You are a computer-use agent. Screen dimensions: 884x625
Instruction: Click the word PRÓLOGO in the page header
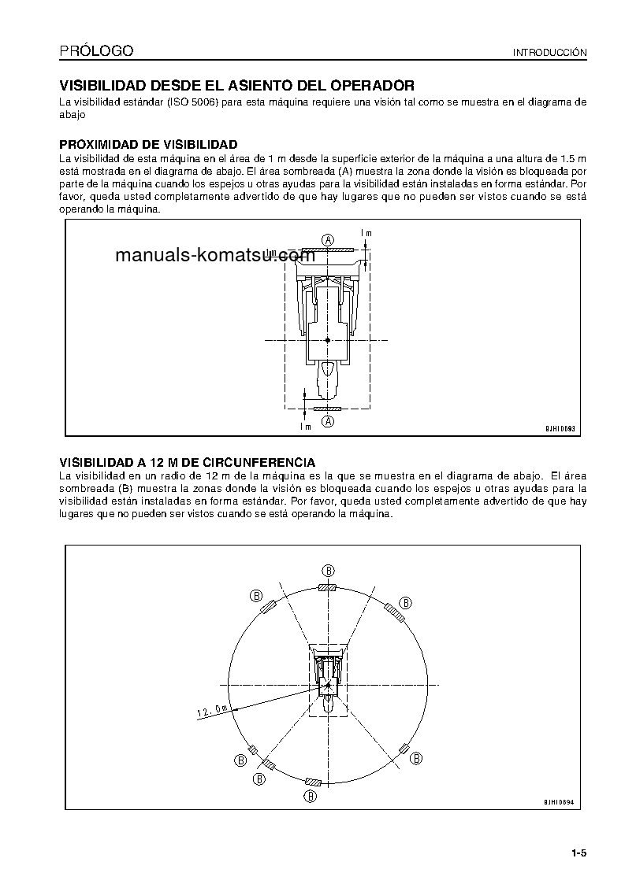click(96, 52)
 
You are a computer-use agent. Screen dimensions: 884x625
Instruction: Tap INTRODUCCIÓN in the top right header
click(550, 53)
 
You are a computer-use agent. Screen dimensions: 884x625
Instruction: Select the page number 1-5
click(580, 853)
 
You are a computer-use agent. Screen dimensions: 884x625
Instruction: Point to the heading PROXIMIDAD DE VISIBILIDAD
click(149, 145)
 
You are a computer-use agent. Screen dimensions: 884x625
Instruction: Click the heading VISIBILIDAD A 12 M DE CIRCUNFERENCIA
click(188, 462)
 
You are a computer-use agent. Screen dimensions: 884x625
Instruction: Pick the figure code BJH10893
click(560, 429)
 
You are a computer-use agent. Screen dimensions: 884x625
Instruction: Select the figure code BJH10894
click(560, 802)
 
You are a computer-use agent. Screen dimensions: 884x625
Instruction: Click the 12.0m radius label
click(211, 712)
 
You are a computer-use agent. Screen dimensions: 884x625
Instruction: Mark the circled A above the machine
click(328, 239)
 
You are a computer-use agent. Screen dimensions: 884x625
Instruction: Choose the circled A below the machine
click(328, 422)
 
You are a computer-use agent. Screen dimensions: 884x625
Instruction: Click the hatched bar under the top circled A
click(328, 252)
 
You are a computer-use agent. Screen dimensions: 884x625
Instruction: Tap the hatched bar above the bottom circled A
click(327, 409)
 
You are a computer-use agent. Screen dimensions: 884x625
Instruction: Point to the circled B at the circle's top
click(328, 570)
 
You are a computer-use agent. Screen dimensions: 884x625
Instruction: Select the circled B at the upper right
click(406, 602)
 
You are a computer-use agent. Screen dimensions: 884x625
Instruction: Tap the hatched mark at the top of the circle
click(327, 587)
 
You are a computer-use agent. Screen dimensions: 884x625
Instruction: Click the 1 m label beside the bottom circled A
click(306, 427)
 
